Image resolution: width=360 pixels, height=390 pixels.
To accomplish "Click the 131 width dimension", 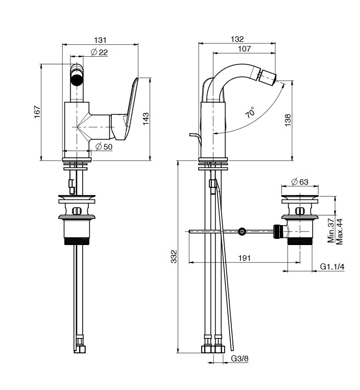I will tap(101, 39).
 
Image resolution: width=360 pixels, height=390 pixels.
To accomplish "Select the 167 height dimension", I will tap(36, 112).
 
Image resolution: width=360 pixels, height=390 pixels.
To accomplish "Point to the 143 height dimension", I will tap(146, 119).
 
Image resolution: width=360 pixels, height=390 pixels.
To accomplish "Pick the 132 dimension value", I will tap(237, 39).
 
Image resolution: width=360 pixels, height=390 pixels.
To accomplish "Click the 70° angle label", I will tap(250, 113).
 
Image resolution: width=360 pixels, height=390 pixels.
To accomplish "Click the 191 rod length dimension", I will tap(244, 258).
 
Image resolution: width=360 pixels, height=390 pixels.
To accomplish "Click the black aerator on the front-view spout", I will tap(77, 80).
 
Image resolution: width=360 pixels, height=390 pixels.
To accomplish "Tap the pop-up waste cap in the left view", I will tap(77, 198).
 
